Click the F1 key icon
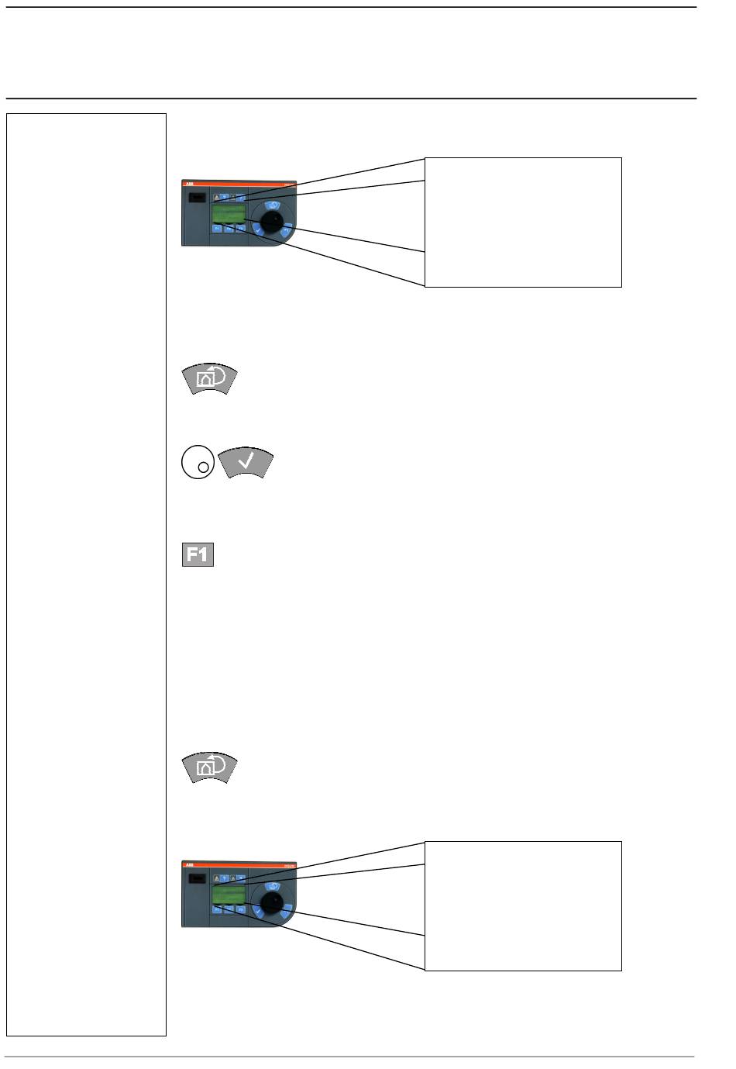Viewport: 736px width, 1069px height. click(x=198, y=555)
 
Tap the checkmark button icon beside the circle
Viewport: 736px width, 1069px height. click(x=246, y=463)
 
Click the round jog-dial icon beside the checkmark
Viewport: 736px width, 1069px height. click(x=197, y=462)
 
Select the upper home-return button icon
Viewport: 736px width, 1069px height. click(x=209, y=378)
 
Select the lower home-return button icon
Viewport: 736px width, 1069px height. click(x=209, y=767)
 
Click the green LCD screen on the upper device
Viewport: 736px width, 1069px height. click(x=229, y=213)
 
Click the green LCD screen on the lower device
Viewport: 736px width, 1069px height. click(x=229, y=895)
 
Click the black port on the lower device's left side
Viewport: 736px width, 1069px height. click(x=197, y=879)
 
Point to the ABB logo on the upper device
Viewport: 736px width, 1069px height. click(x=188, y=184)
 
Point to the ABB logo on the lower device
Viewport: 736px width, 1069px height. click(x=188, y=864)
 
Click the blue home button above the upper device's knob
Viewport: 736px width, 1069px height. click(x=272, y=205)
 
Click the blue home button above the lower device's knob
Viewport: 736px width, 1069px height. click(x=272, y=886)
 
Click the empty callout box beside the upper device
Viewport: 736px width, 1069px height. click(x=523, y=222)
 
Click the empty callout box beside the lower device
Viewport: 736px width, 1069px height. click(x=523, y=905)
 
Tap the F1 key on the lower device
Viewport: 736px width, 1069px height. click(x=218, y=910)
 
